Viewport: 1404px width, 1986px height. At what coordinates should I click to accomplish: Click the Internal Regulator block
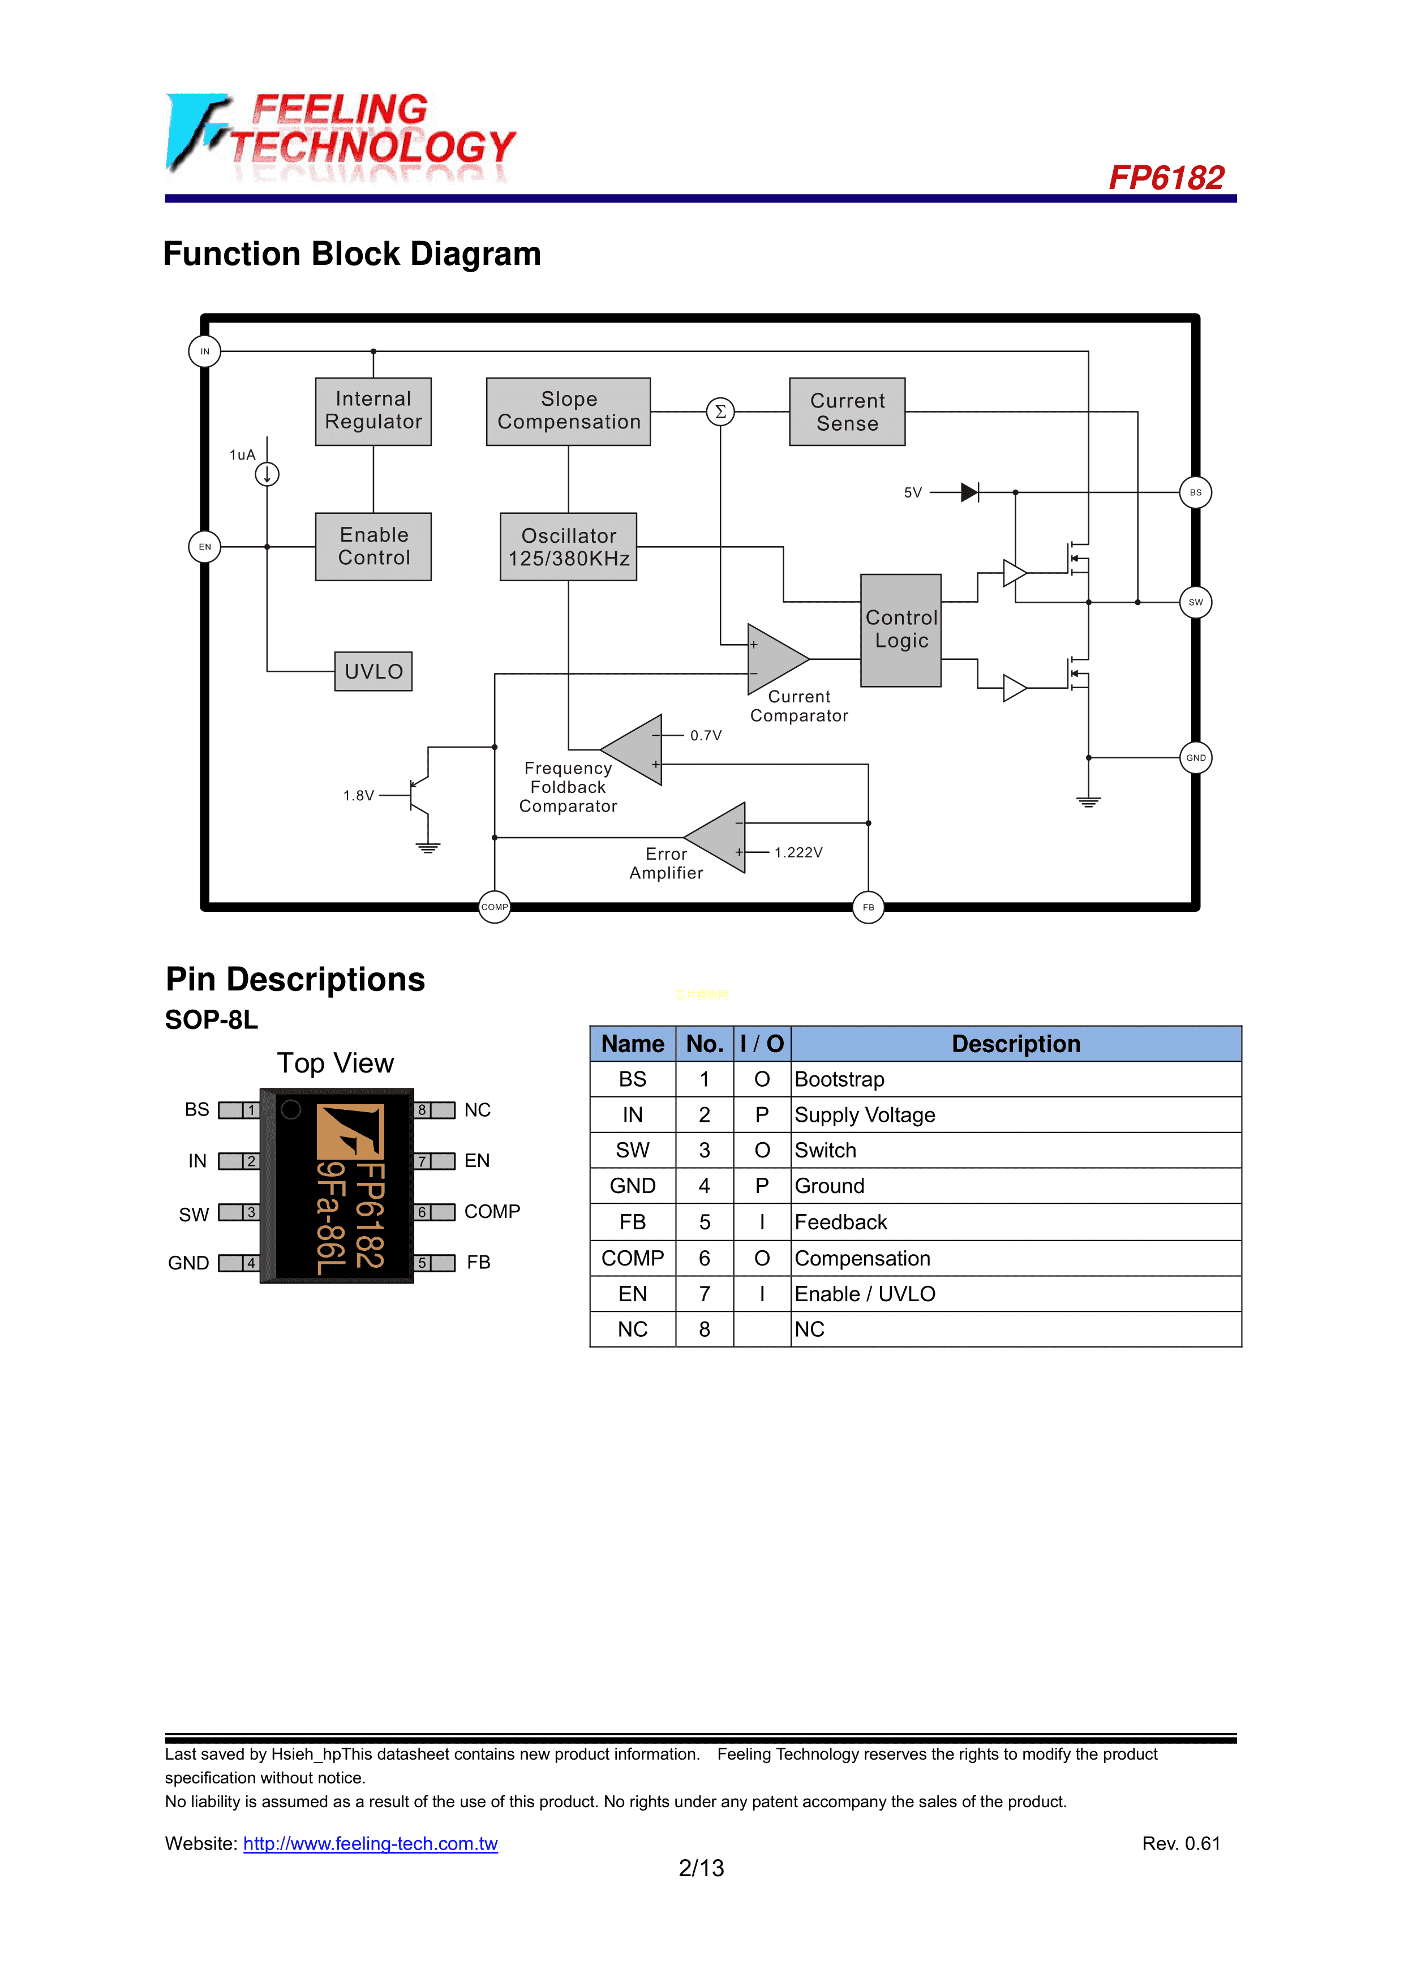pos(373,411)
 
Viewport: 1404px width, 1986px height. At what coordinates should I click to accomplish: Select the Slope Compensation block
pos(568,411)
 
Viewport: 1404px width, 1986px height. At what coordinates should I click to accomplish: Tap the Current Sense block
pos(847,411)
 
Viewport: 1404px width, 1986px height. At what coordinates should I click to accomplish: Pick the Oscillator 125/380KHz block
pos(568,547)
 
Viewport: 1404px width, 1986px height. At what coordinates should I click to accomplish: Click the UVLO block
pos(373,671)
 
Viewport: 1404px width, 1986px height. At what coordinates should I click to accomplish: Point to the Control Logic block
pos(900,630)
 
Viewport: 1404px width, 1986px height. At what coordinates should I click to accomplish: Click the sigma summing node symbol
pos(720,411)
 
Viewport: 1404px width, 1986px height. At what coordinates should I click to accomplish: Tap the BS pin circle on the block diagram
pos(1196,492)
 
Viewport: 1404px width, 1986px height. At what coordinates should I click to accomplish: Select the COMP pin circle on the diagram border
pos(494,907)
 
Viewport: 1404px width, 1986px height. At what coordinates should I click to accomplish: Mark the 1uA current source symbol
pos(267,474)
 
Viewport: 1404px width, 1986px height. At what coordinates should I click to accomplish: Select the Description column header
pos(1016,1044)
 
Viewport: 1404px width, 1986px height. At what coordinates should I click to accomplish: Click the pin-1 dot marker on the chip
pos(291,1109)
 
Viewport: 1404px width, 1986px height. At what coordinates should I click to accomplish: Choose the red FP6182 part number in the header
pos(1166,178)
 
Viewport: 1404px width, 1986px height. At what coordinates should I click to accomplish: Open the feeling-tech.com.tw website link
pos(370,1843)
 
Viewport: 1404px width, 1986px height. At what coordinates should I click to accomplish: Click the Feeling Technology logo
pos(341,136)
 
